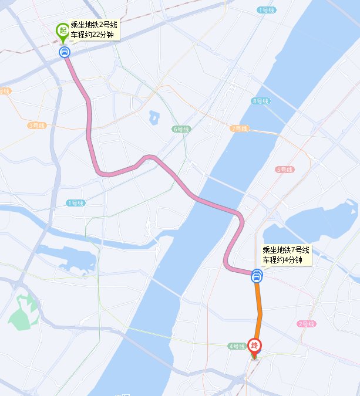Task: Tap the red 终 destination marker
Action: (255, 346)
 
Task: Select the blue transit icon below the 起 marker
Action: (64, 52)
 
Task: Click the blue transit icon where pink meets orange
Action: (257, 276)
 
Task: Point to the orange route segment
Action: (258, 311)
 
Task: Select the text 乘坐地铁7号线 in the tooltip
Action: (286, 251)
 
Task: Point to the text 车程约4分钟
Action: (282, 260)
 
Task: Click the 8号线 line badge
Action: (260, 101)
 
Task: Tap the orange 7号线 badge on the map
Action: (239, 128)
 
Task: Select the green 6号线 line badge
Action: (181, 129)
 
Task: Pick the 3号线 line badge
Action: (36, 126)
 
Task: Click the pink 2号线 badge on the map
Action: (307, 324)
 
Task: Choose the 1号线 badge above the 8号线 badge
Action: (266, 10)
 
